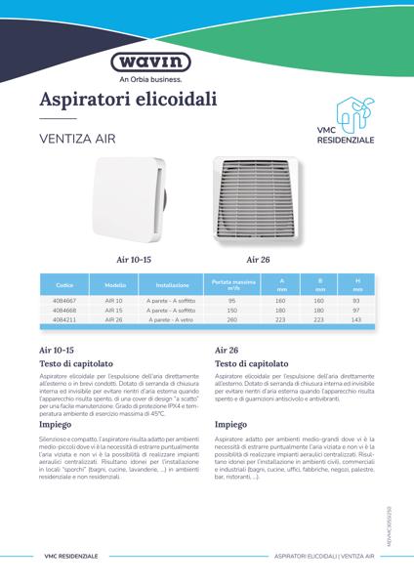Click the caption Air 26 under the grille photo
pyautogui.click(x=258, y=260)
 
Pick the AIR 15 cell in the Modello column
pyautogui.click(x=114, y=311)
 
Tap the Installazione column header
pyautogui.click(x=173, y=285)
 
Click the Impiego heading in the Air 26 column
pyautogui.click(x=231, y=426)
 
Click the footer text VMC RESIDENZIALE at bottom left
pyautogui.click(x=70, y=556)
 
